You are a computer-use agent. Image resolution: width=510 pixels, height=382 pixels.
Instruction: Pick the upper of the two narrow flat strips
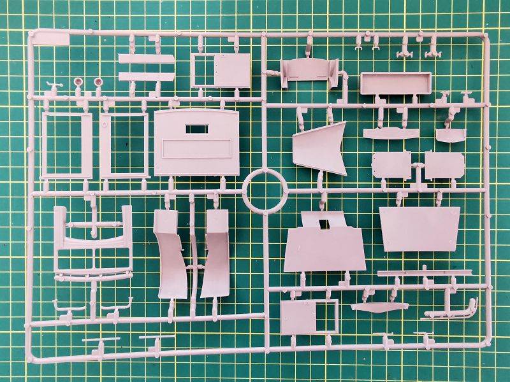click(x=146, y=59)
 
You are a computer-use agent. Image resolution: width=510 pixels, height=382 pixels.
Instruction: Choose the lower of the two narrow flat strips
click(x=146, y=76)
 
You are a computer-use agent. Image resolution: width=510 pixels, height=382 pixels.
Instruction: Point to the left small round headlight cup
click(x=78, y=82)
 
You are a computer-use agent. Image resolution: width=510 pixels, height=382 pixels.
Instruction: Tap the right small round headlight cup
click(x=99, y=82)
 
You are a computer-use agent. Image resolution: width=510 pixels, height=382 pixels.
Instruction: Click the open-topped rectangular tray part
click(x=395, y=83)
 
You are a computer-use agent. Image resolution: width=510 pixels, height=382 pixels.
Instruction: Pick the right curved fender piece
click(x=214, y=255)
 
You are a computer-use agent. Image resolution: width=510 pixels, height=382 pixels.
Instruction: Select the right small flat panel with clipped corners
click(x=444, y=165)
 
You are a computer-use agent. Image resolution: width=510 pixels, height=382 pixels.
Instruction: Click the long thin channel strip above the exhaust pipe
click(x=424, y=273)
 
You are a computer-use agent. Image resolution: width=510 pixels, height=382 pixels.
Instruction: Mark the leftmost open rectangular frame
click(x=66, y=145)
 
